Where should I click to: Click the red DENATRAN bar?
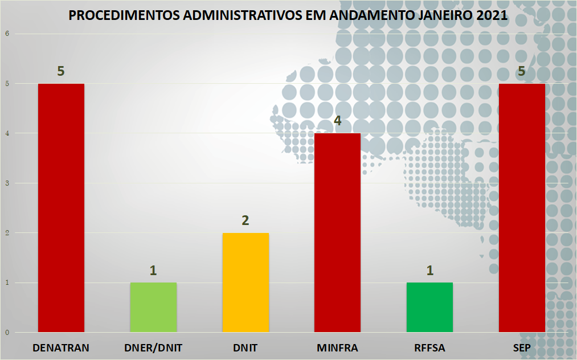61,208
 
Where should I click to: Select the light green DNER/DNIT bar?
153,307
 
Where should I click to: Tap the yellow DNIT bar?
245,283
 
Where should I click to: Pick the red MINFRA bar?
338,232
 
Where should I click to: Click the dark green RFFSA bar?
430,307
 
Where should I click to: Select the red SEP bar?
522,208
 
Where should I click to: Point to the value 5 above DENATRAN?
61,71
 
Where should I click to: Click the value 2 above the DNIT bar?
245,220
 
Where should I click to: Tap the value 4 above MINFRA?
338,121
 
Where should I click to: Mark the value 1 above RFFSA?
430,270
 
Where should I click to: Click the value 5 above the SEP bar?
522,71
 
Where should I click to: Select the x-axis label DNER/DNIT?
153,347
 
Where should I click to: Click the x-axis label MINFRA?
338,347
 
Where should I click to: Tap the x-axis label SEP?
522,347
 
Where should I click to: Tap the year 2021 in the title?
489,15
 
